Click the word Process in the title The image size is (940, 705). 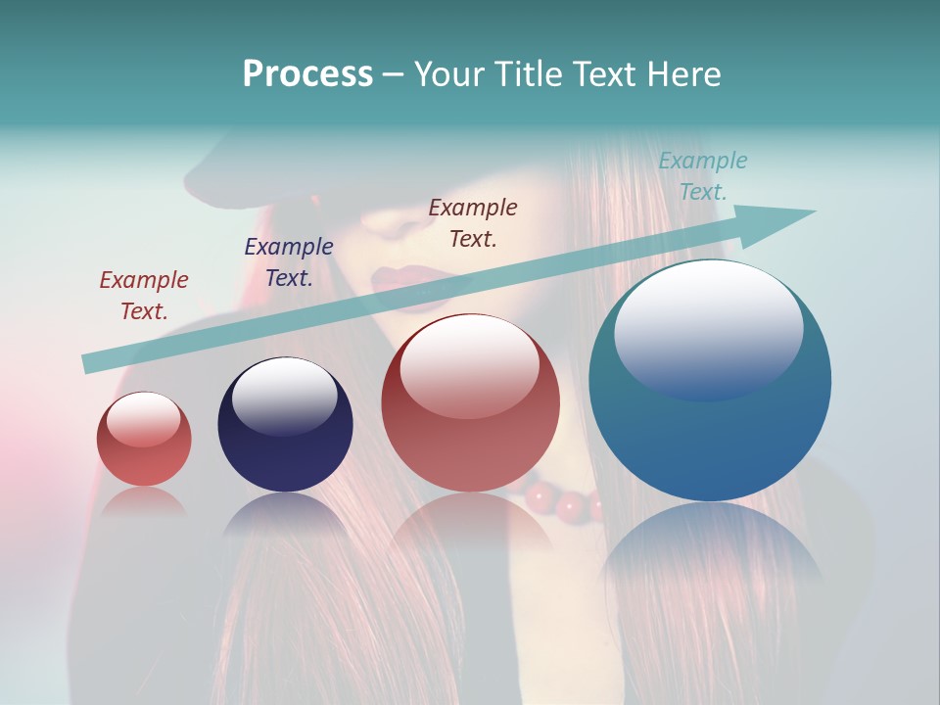point(307,74)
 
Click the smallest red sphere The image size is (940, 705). point(144,439)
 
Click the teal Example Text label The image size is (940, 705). point(703,176)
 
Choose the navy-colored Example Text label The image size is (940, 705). point(289,262)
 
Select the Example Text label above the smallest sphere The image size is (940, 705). point(144,296)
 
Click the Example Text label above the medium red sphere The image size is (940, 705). point(473,222)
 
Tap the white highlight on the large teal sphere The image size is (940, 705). point(708,328)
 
